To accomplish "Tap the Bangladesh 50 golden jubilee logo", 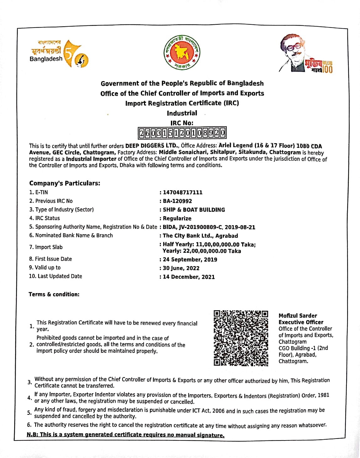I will [59, 54].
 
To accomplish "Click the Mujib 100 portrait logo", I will [306, 54].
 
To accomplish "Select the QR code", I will [241, 338].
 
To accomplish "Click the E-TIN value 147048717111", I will [183, 192].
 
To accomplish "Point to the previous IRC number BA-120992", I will [177, 201].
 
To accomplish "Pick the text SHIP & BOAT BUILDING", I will [194, 210].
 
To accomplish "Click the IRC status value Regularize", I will [177, 218].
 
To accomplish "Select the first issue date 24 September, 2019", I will [190, 259].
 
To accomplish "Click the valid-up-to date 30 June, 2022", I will [181, 268].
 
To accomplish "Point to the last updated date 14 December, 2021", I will [189, 277].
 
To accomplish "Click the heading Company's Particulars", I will [65, 183].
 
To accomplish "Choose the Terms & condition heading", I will [54, 294].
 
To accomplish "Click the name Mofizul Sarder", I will [298, 315].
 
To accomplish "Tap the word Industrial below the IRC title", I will [182, 113].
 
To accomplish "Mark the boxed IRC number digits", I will [182, 133].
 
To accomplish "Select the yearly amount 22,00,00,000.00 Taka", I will [202, 251].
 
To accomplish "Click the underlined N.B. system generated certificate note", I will [125, 435].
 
